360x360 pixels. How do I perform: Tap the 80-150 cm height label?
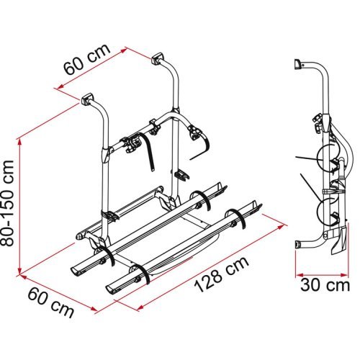tap(9, 204)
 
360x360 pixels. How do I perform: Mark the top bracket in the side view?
tap(297, 63)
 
